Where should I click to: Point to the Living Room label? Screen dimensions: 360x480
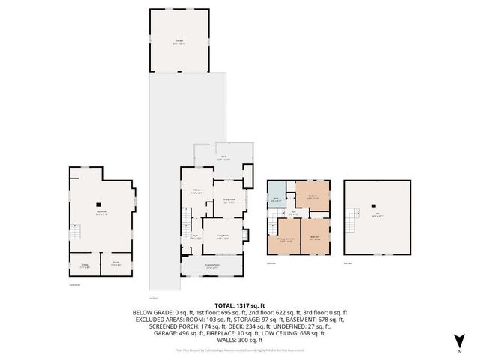pos(223,237)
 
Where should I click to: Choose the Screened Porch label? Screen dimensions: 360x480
pos(212,265)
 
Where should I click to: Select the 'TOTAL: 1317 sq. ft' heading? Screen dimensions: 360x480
pos(239,305)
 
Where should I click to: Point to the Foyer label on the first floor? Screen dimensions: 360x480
pos(194,237)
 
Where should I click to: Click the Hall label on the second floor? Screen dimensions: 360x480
pos(295,213)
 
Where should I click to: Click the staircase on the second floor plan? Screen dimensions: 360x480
pos(271,222)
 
